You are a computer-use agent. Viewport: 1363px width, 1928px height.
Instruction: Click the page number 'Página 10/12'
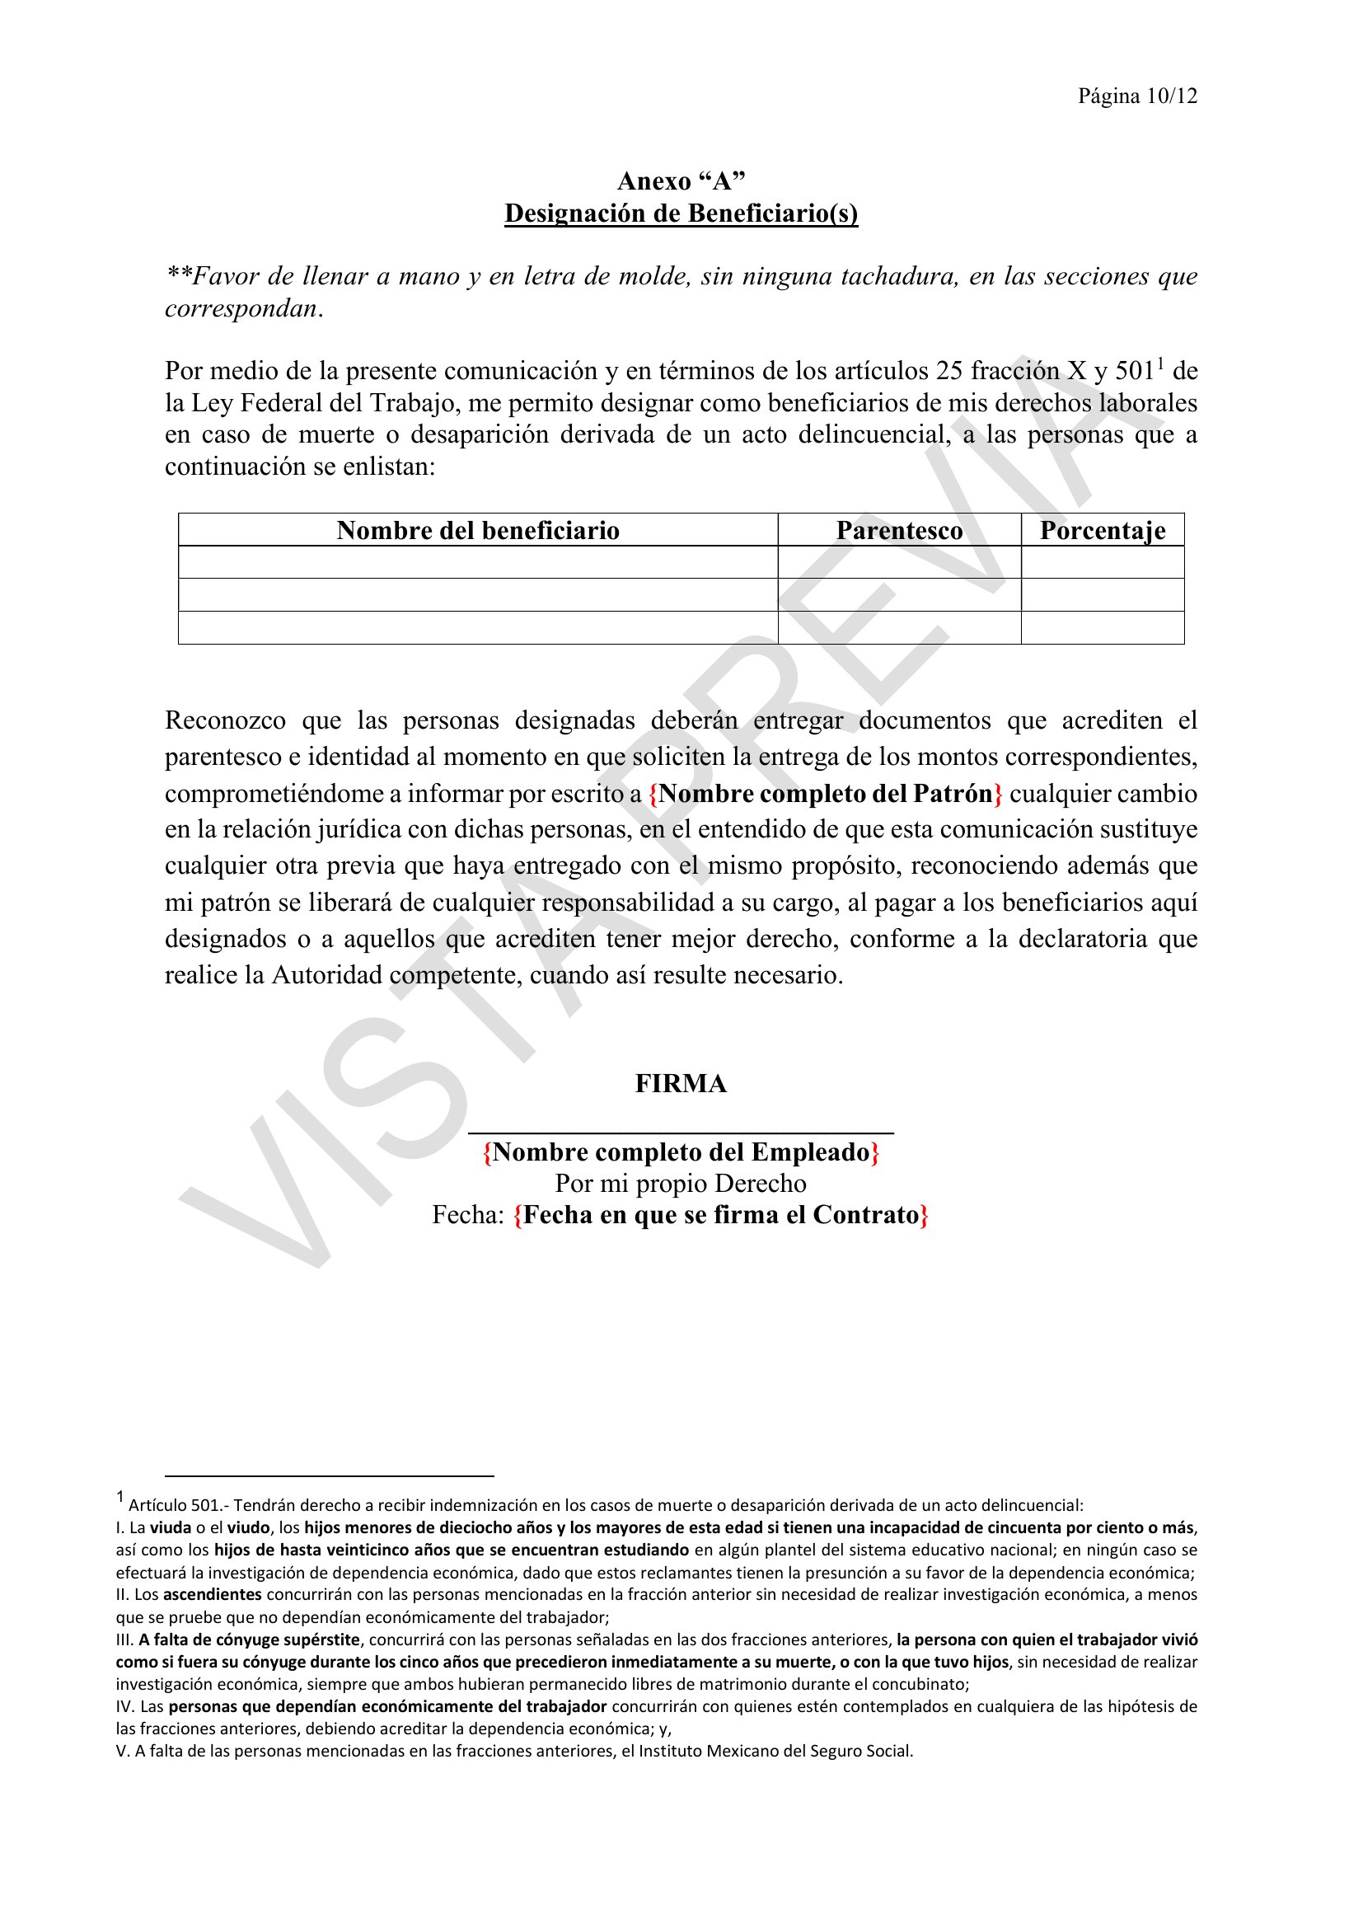tap(1137, 96)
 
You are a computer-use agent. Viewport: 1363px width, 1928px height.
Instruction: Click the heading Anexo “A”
tap(681, 181)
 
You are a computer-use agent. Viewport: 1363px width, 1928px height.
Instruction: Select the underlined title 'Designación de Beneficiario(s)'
tap(681, 213)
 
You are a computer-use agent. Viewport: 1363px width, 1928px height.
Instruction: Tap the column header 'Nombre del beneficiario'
tap(478, 531)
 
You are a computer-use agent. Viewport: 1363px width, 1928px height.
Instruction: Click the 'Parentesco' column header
tap(899, 531)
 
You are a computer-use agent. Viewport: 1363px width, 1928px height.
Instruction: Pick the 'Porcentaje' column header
tap(1102, 531)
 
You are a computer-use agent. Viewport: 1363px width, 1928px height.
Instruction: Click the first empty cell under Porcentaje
tap(1102, 562)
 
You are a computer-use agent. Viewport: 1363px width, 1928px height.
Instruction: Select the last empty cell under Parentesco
tap(899, 627)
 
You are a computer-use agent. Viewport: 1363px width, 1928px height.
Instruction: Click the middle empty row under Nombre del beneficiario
tap(478, 594)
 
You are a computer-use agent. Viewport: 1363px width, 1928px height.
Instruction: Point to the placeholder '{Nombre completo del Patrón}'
tap(826, 794)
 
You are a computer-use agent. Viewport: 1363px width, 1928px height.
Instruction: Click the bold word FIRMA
tap(681, 1084)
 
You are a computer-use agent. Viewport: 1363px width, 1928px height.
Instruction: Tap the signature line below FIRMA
tap(681, 1133)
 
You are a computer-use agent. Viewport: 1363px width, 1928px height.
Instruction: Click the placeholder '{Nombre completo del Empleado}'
tap(681, 1152)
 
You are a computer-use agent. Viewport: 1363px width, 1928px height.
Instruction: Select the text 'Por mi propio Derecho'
tap(681, 1184)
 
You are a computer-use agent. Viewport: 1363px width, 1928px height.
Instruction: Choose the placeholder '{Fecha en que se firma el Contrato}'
tap(721, 1216)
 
